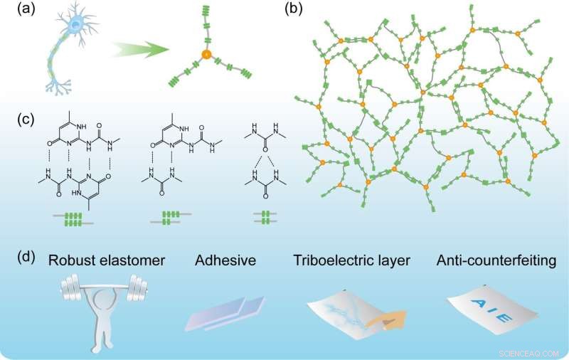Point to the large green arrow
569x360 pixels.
[x=141, y=51]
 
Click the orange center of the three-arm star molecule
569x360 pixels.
[x=206, y=54]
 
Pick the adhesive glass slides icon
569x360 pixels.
[x=225, y=314]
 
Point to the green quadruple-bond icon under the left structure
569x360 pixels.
[x=72, y=220]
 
